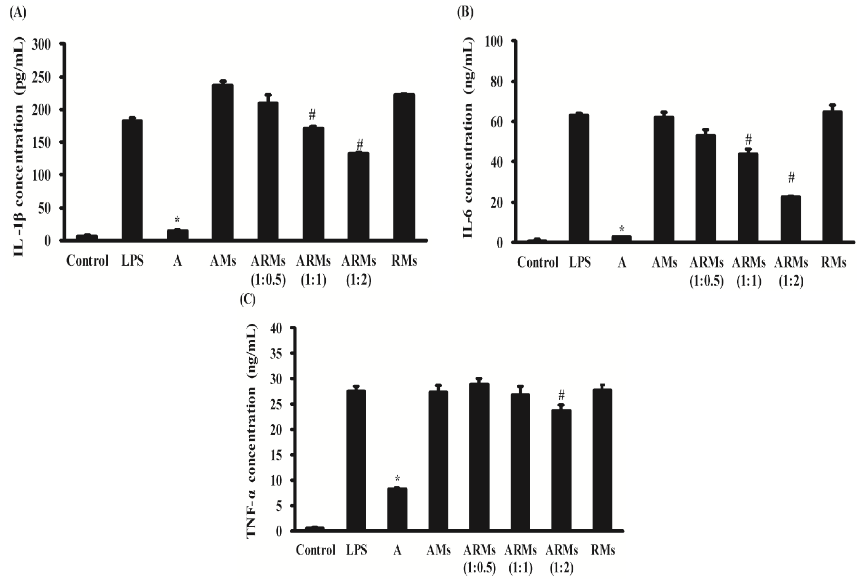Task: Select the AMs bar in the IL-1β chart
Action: click(223, 162)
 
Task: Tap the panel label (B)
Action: click(465, 13)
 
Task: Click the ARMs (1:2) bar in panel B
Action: click(791, 219)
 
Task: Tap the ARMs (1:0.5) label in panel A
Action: click(268, 270)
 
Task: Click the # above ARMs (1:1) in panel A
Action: click(313, 115)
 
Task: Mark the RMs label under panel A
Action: click(404, 261)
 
